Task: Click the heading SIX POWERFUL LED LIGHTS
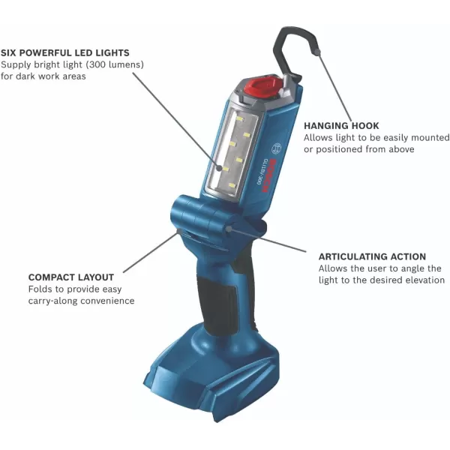tap(65, 53)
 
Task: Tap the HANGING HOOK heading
tap(341, 126)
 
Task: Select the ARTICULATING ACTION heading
tap(372, 256)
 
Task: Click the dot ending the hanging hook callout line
tap(318, 52)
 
